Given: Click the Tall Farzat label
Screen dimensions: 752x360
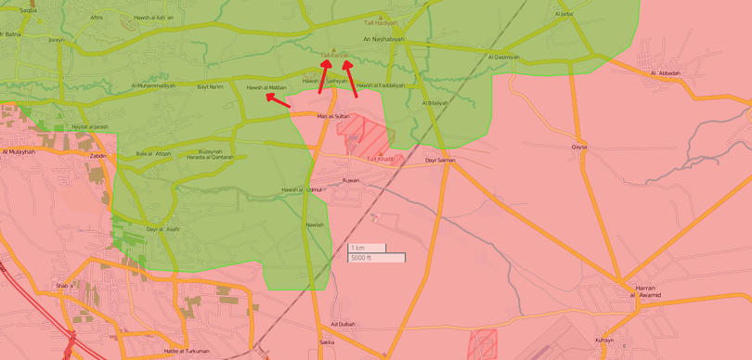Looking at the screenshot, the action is (334, 56).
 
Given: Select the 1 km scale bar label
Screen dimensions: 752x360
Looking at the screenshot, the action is (357, 248).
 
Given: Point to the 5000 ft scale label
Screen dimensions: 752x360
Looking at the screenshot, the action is (362, 257).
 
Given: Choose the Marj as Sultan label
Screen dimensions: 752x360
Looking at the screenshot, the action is (333, 116).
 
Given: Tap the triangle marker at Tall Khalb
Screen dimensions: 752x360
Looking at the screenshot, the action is (379, 153).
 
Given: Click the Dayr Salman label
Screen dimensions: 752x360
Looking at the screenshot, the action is (440, 161).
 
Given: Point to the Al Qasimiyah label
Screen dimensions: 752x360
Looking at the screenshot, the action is (504, 57).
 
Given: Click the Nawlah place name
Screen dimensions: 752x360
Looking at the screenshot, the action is (316, 225).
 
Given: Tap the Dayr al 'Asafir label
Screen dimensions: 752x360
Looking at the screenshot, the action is (163, 228).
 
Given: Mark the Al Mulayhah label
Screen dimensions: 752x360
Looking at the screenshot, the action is (18, 151).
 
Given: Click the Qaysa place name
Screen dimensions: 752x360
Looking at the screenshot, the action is (579, 147).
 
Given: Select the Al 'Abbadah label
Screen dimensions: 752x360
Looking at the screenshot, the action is (666, 72).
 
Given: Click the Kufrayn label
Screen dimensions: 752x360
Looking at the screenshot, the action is (604, 341).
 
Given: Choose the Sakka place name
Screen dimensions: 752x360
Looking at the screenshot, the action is (326, 342).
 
